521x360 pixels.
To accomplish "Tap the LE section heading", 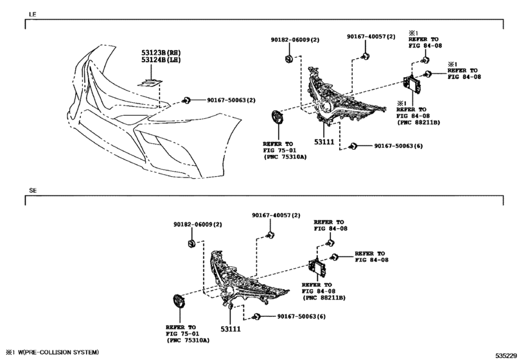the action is [33, 14].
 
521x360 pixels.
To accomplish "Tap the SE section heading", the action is [33, 190].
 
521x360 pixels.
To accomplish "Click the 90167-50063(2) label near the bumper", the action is [231, 100].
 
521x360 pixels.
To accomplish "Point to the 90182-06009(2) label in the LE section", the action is [295, 40].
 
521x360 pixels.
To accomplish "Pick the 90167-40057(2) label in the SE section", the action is [276, 215].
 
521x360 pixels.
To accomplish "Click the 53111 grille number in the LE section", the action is [324, 142].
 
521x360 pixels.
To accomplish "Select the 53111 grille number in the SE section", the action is [231, 329].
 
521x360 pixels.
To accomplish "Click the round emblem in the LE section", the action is [277, 118].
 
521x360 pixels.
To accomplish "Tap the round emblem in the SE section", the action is [178, 302].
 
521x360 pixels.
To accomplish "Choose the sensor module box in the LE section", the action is [412, 84].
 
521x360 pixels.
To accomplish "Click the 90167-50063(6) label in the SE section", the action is [301, 316].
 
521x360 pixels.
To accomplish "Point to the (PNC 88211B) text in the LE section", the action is [419, 122].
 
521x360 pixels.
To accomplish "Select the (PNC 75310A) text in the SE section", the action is [188, 340].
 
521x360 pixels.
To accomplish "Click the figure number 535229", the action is [506, 355].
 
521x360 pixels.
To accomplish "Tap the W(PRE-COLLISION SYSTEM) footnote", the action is [58, 352].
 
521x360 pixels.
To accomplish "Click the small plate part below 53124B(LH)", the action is [150, 83].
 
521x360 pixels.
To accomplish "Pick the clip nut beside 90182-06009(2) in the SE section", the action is [191, 244].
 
